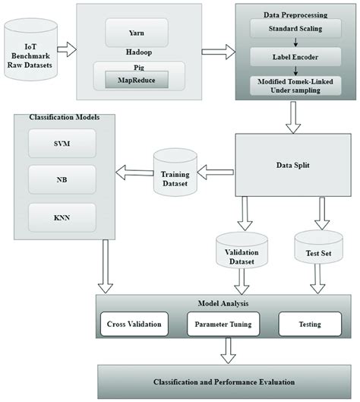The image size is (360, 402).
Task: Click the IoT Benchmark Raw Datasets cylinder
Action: (x=30, y=50)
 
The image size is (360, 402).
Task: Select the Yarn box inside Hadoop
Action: (x=137, y=33)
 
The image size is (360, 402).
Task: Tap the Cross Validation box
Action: (x=131, y=324)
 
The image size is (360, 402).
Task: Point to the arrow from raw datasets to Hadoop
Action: (x=67, y=50)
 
